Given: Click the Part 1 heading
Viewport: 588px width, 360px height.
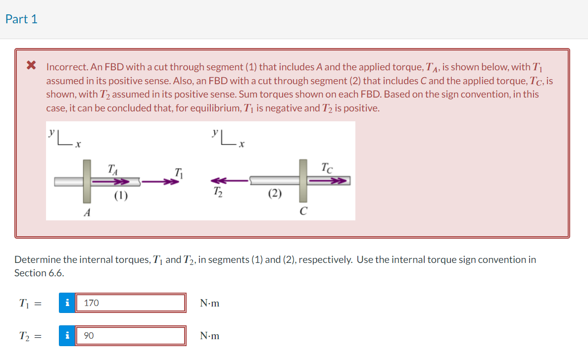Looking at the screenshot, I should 21,19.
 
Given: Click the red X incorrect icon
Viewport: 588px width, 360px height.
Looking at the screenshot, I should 31,65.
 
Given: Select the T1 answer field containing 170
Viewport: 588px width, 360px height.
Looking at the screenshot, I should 131,303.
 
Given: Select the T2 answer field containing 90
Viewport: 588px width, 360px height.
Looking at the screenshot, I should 131,336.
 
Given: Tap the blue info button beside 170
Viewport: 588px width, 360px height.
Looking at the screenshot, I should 67,303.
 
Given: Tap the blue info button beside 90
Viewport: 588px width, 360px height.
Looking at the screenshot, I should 67,336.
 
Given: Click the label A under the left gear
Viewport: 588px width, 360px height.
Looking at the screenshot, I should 87,212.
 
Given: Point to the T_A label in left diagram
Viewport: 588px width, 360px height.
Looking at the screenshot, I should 113,169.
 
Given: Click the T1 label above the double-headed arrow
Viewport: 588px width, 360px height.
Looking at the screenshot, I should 178,173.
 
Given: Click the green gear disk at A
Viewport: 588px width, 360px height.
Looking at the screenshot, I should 87,181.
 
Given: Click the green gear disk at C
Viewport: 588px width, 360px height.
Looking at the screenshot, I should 303,181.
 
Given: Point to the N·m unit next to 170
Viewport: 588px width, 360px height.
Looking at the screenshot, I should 209,303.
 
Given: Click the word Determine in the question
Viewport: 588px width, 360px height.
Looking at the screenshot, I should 38,259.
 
